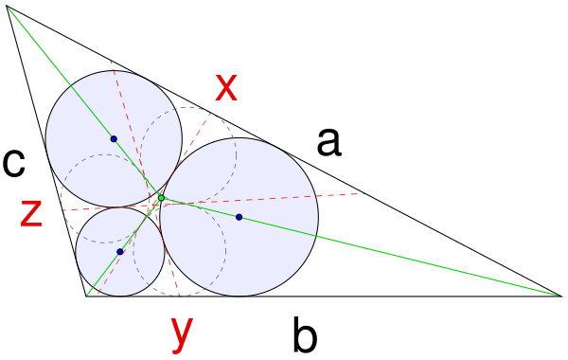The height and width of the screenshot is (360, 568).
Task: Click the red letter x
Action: point(226,87)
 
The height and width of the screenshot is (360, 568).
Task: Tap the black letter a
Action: point(328,143)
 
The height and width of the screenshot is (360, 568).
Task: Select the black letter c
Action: point(14,163)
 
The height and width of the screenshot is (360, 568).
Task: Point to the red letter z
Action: point(31,214)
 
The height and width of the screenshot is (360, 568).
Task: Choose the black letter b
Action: point(305,333)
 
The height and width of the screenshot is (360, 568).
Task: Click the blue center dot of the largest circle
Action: point(240,217)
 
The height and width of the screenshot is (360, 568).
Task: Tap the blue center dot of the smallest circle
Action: point(120,252)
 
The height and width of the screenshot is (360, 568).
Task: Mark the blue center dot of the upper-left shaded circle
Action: point(114,139)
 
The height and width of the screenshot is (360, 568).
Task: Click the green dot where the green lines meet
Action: point(161,198)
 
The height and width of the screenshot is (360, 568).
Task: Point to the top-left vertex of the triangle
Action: point(7,7)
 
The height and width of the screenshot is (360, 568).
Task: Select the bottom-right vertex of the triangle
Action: point(560,296)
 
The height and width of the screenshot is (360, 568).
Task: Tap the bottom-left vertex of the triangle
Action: point(86,296)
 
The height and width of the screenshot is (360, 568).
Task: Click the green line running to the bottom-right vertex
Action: point(361,247)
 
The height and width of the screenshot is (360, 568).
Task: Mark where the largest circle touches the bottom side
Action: point(240,297)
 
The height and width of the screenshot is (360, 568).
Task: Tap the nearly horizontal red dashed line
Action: point(214,202)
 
